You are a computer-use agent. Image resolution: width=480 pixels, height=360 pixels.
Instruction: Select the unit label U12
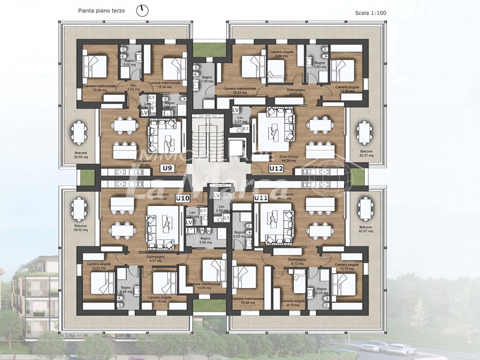click(276, 169)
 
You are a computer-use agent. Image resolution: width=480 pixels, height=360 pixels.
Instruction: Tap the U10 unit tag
click(182, 197)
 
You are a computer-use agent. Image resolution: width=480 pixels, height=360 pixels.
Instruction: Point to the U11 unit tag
click(260, 197)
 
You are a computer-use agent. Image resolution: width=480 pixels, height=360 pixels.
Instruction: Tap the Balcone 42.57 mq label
click(366, 154)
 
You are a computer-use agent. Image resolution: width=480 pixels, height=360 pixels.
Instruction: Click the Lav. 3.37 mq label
click(242, 120)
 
